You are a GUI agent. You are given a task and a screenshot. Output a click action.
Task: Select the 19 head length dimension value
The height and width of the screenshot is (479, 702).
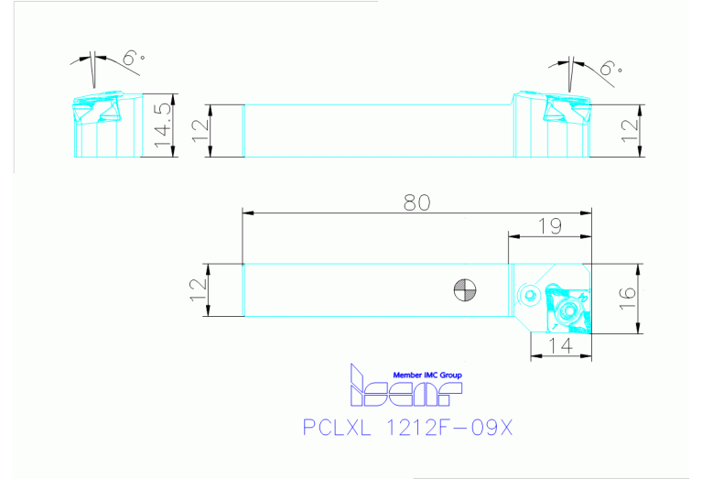(x=549, y=225)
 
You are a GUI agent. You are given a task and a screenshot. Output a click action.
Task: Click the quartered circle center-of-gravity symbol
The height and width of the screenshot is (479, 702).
(x=465, y=291)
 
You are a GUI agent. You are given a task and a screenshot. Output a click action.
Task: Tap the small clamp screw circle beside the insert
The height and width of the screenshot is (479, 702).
(x=530, y=295)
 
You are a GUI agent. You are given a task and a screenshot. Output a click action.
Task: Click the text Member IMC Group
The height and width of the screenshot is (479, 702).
(x=427, y=376)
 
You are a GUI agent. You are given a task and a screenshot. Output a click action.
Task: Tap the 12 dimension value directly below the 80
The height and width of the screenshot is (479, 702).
(x=199, y=290)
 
